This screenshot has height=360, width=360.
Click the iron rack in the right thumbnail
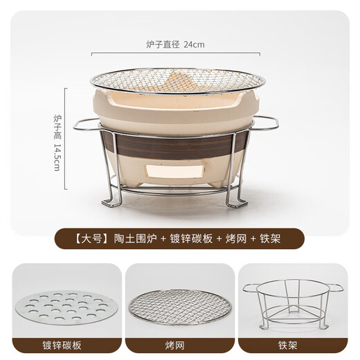tap(294, 305)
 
